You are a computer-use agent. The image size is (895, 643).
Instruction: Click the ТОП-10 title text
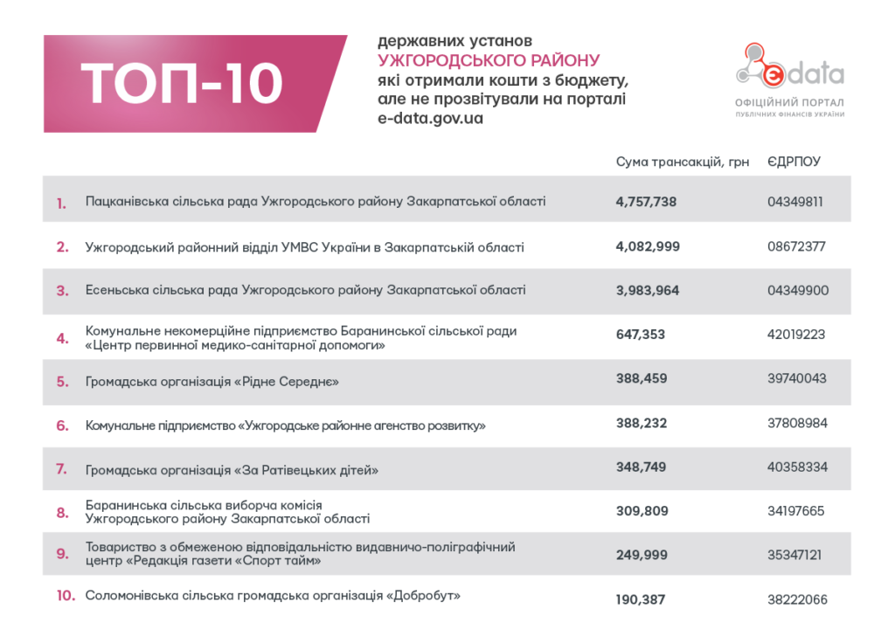[x=184, y=84]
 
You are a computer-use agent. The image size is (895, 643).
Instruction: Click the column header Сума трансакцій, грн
[x=682, y=162]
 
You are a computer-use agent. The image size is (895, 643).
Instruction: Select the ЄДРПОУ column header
[x=794, y=162]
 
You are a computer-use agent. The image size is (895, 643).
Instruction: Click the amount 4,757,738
[x=646, y=202]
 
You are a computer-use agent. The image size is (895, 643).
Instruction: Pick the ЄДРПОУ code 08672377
[x=796, y=247]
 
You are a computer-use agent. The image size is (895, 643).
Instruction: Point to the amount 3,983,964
[x=647, y=291]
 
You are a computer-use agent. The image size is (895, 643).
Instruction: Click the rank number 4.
[x=62, y=338]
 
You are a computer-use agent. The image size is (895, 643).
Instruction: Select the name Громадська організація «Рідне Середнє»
[x=212, y=382]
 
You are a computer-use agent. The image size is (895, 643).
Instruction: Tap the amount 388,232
[x=641, y=423]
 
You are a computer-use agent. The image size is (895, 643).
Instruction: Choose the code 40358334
[x=797, y=467]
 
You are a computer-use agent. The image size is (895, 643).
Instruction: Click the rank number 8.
[x=62, y=513]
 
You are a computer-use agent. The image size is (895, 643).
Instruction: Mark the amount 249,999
[x=642, y=555]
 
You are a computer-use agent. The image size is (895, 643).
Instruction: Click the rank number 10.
[x=66, y=597]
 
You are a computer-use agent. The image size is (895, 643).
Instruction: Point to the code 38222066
[x=797, y=599]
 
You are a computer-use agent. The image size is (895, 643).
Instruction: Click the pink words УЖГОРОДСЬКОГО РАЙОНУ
[x=489, y=60]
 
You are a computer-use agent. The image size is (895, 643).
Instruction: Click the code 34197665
[x=795, y=511]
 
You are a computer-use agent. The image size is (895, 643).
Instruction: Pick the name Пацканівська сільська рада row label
[x=316, y=202]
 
